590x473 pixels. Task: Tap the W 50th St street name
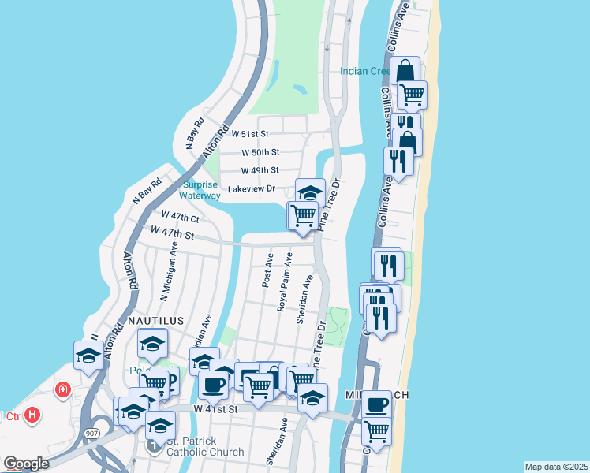(260, 152)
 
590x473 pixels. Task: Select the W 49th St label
(260, 170)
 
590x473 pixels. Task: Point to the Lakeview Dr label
(251, 189)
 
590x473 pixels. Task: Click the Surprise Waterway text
(200, 190)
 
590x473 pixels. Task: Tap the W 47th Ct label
(180, 216)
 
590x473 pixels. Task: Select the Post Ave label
(268, 270)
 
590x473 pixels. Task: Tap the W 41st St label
(215, 410)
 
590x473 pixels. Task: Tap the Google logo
(26, 464)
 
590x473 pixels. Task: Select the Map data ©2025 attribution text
(556, 467)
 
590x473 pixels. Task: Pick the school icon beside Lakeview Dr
(310, 192)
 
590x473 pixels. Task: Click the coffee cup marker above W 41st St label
(213, 384)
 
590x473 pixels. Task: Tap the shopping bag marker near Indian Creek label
(405, 70)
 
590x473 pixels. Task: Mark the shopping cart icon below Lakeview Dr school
(303, 214)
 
